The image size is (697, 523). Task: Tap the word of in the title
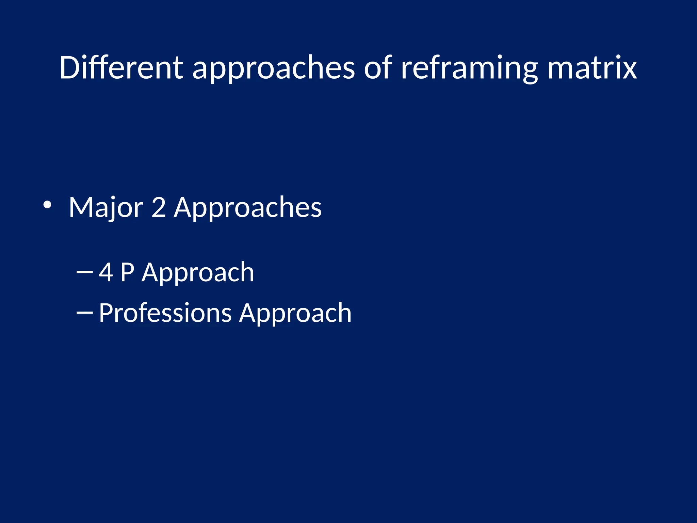(x=378, y=68)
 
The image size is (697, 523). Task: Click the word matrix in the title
(x=592, y=68)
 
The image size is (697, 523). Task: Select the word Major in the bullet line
(x=106, y=207)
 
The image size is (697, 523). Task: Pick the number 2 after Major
(x=159, y=207)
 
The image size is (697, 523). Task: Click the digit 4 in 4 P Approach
(x=106, y=272)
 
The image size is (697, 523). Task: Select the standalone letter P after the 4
(x=127, y=272)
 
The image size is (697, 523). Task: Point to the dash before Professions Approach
(x=85, y=312)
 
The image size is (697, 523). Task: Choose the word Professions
(x=165, y=313)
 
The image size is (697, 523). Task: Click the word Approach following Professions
(x=295, y=313)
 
